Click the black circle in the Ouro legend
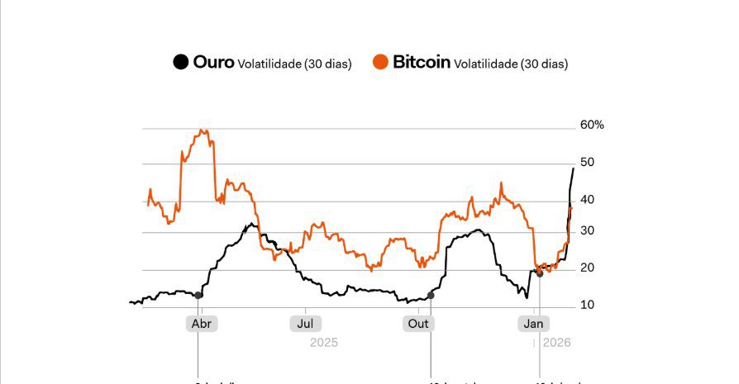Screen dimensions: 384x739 tap(179, 62)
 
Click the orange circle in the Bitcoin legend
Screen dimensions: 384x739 tap(380, 62)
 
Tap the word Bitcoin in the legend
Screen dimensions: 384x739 tap(421, 62)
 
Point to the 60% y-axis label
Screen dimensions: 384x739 tap(592, 126)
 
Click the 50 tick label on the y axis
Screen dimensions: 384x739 tap(586, 163)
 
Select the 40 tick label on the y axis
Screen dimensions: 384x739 tap(586, 199)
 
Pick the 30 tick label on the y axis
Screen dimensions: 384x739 tap(586, 231)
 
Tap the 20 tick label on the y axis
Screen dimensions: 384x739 tap(586, 268)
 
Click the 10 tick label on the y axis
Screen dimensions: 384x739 tap(586, 305)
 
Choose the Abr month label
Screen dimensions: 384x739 tap(202, 324)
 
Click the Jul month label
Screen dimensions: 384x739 tap(306, 324)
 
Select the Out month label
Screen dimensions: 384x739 tap(419, 324)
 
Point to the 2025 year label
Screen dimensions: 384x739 tap(324, 342)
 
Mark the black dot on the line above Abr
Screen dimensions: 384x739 tap(198, 295)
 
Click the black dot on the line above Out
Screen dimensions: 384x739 tap(431, 295)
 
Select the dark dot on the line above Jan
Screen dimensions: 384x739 tap(540, 273)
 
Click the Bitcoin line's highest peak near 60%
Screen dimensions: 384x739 tap(202, 130)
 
